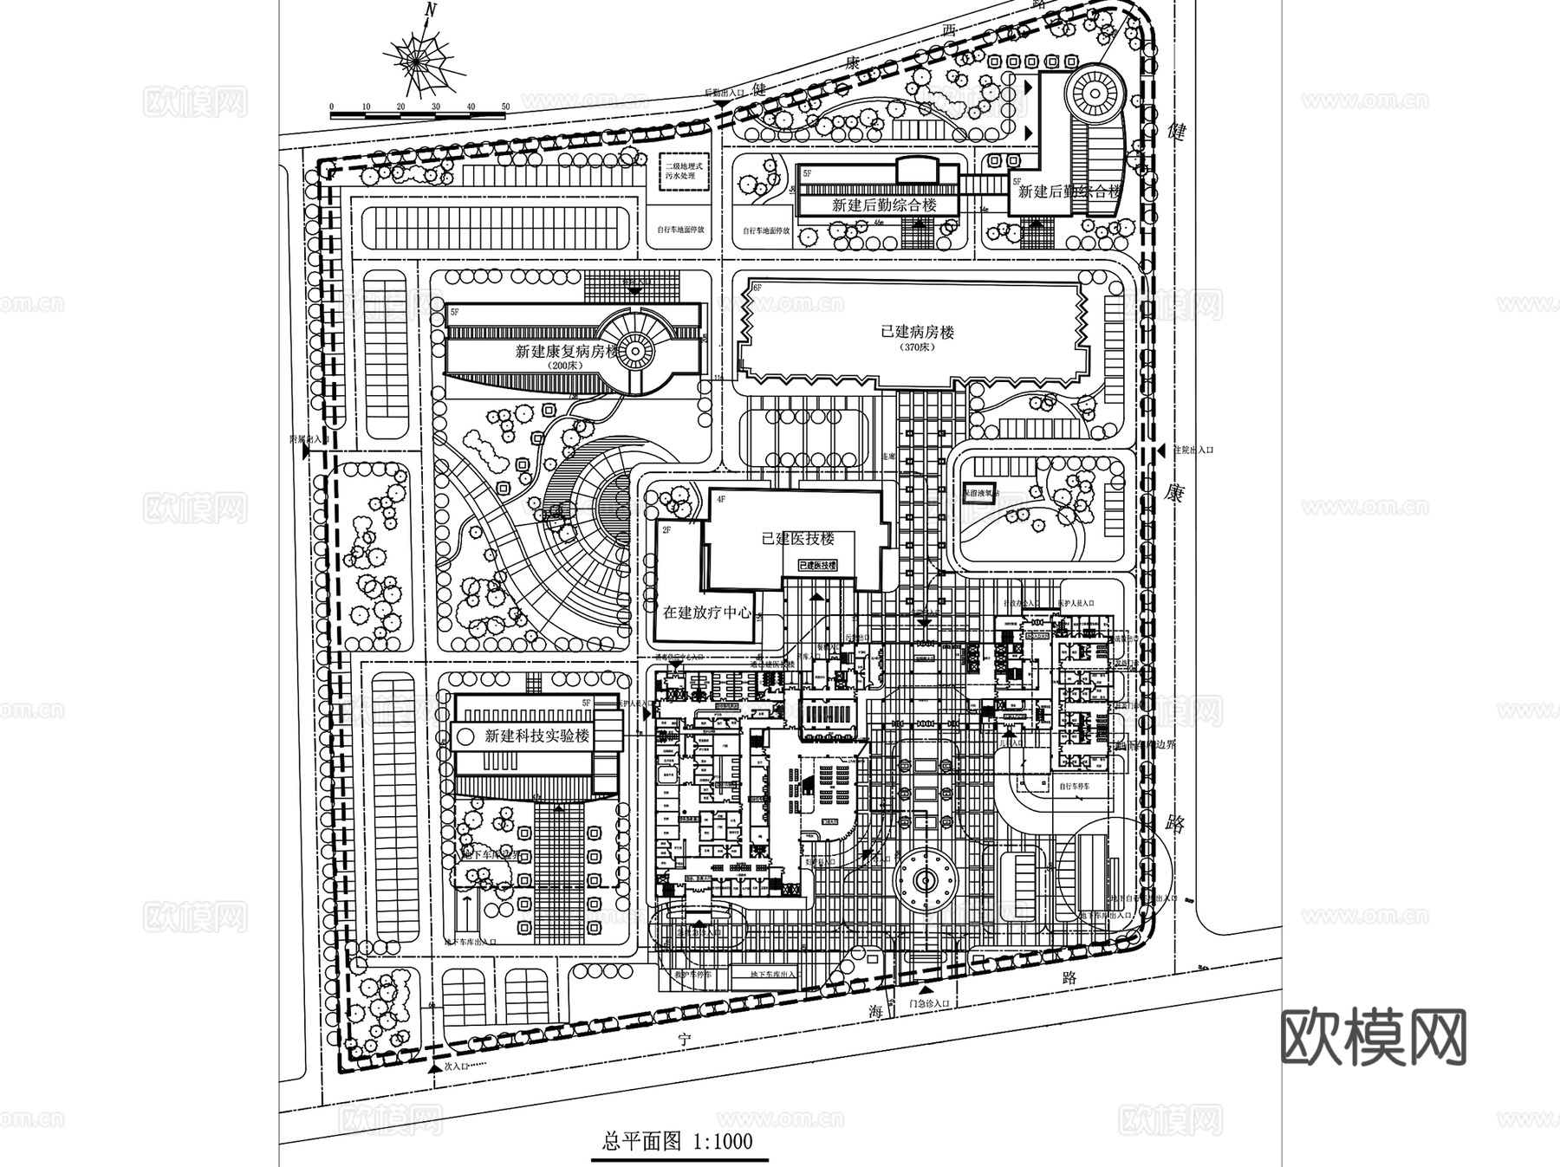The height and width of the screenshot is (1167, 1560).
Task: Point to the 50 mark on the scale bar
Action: [x=505, y=107]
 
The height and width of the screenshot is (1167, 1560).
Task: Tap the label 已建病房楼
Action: [x=917, y=332]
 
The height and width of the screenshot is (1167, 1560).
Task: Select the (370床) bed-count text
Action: [x=917, y=347]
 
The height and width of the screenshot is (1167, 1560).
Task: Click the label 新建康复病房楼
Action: [x=567, y=352]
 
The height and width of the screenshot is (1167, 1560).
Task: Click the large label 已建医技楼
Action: [x=797, y=538]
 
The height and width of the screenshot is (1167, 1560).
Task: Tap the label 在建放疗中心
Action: [x=707, y=612]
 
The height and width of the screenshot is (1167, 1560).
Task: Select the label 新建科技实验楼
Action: [x=537, y=736]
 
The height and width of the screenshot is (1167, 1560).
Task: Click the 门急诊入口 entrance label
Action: [x=930, y=1002]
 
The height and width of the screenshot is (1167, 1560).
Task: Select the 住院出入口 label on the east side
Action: [x=1193, y=451]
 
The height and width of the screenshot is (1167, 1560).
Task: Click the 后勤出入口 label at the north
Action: [x=725, y=93]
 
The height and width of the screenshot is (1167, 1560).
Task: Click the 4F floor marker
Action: [x=718, y=499]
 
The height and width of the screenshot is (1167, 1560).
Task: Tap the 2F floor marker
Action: [x=667, y=528]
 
